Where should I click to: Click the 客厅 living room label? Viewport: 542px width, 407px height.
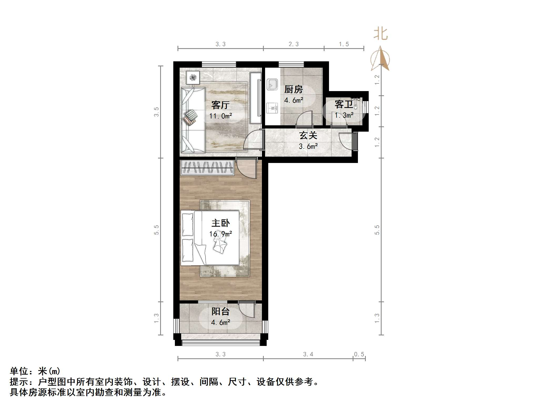click(x=220, y=105)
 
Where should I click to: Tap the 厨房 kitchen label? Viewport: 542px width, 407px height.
click(x=293, y=90)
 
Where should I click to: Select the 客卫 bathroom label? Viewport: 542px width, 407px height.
click(x=343, y=105)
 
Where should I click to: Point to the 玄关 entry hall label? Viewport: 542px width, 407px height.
click(x=308, y=136)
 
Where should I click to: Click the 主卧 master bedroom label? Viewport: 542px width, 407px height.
click(x=220, y=223)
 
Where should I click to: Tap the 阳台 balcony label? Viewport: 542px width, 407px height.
click(x=220, y=312)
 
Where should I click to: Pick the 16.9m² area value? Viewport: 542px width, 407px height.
click(x=220, y=234)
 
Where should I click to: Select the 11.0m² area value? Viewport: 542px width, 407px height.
click(x=220, y=116)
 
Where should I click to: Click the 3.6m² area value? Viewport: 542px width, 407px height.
click(x=308, y=146)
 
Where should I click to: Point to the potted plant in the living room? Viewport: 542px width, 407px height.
click(x=193, y=77)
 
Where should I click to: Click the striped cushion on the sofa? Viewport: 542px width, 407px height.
click(x=191, y=115)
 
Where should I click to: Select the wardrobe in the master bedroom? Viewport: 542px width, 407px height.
click(x=207, y=167)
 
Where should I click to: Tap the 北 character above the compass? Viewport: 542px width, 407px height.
click(x=381, y=34)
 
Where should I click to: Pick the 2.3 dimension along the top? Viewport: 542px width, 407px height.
click(x=293, y=44)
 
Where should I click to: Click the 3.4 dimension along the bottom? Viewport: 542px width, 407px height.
click(x=308, y=354)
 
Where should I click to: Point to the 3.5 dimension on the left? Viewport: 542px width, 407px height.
click(x=156, y=112)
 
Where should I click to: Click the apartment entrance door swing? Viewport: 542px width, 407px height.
click(x=345, y=141)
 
